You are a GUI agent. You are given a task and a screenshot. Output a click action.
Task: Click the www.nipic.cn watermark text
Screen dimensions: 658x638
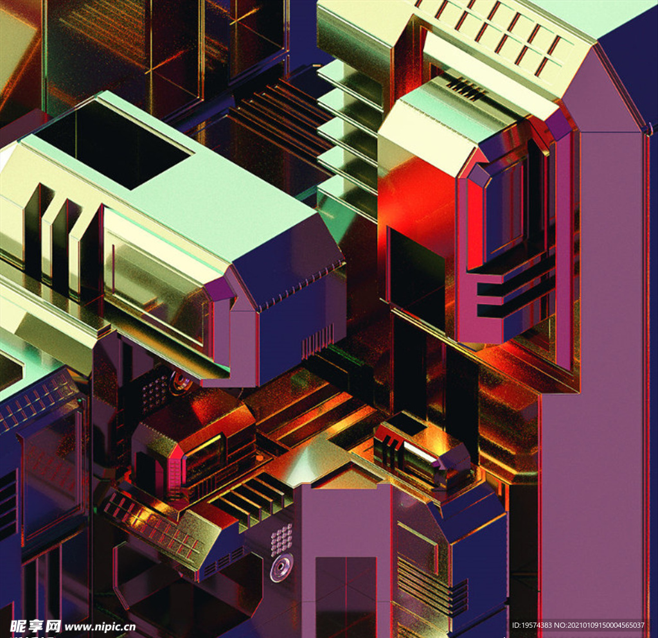[100, 626]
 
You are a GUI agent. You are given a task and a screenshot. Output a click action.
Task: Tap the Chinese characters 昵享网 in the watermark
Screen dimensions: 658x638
[35, 626]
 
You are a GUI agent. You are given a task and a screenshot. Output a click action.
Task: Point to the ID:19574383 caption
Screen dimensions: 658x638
[531, 625]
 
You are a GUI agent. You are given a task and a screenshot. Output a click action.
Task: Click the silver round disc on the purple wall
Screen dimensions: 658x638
[281, 567]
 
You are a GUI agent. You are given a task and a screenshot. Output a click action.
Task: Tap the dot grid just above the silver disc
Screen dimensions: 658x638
[281, 538]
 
